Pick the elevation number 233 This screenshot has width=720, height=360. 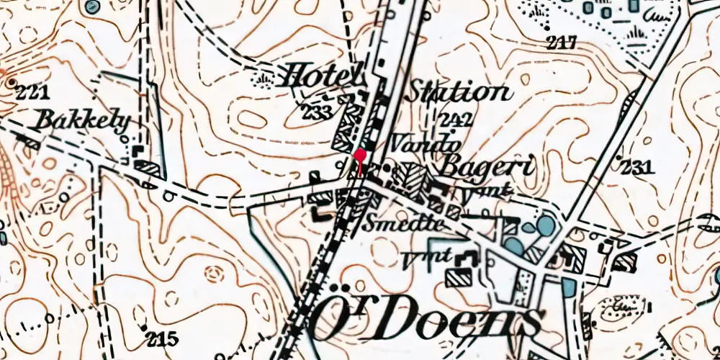(318, 112)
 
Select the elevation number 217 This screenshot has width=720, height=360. (562, 43)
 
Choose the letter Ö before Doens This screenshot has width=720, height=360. (329, 319)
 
